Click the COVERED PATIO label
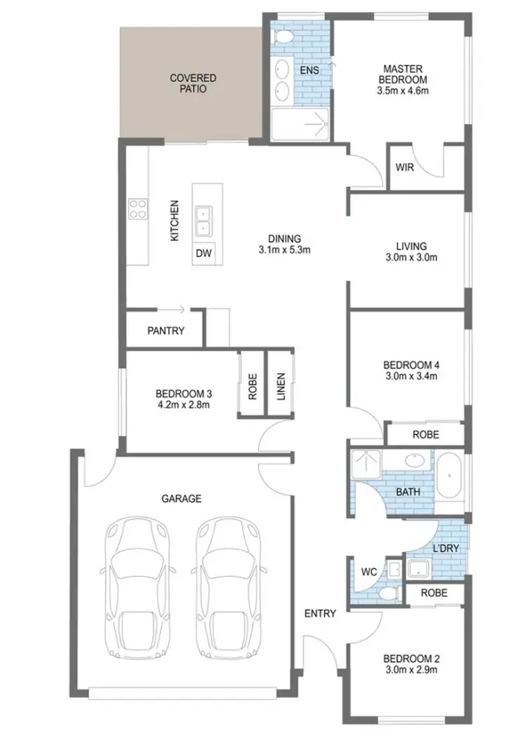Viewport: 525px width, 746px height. pyautogui.click(x=192, y=83)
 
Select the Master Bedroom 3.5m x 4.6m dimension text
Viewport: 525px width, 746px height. pyautogui.click(x=402, y=90)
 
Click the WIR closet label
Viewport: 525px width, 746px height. pyautogui.click(x=404, y=168)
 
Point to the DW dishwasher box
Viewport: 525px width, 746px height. pyautogui.click(x=204, y=253)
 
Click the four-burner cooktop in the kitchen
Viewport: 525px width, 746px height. pyautogui.click(x=138, y=208)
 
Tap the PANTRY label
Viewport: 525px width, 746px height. pyautogui.click(x=166, y=331)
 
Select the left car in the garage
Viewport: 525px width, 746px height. pyautogui.click(x=136, y=588)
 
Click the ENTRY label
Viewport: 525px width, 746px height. pyautogui.click(x=320, y=614)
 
